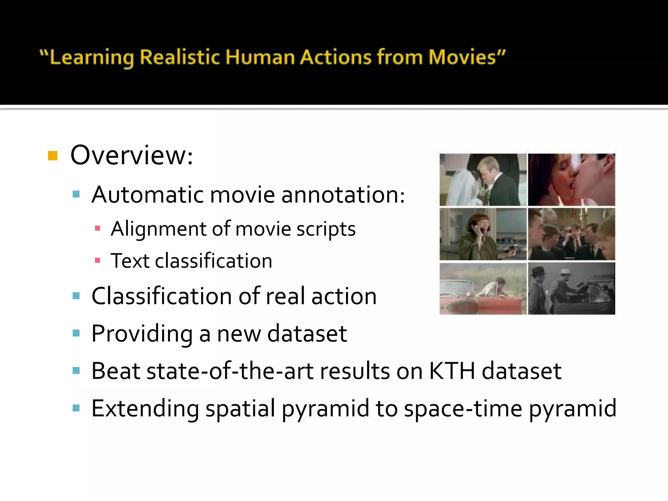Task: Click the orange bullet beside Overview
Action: (x=53, y=156)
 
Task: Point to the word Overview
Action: (x=131, y=155)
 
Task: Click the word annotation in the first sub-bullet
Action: (x=342, y=195)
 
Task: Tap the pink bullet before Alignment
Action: (x=97, y=228)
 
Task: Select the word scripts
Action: (x=326, y=229)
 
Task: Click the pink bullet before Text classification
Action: (x=97, y=260)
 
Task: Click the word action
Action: (x=344, y=296)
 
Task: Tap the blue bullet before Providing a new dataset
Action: (x=76, y=333)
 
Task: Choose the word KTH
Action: (x=452, y=371)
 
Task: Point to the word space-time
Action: (x=463, y=408)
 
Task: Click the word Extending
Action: (x=145, y=408)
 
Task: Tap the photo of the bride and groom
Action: (x=483, y=180)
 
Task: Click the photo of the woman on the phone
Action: (x=483, y=234)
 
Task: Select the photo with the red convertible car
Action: (x=483, y=289)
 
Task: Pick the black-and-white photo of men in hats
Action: (x=571, y=289)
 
